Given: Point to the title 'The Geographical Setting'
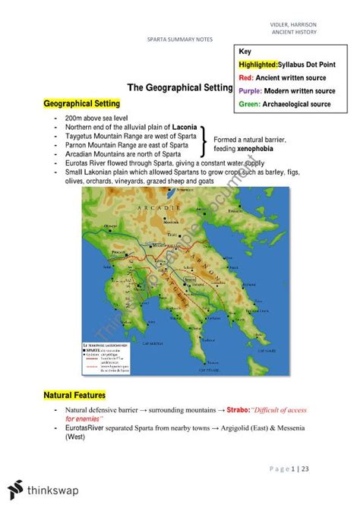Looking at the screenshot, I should tap(179, 88).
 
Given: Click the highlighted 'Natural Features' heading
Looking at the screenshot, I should tap(74, 396).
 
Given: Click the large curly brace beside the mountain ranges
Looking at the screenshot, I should tap(204, 141).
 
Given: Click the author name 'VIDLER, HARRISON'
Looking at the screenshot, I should tap(313, 25).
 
